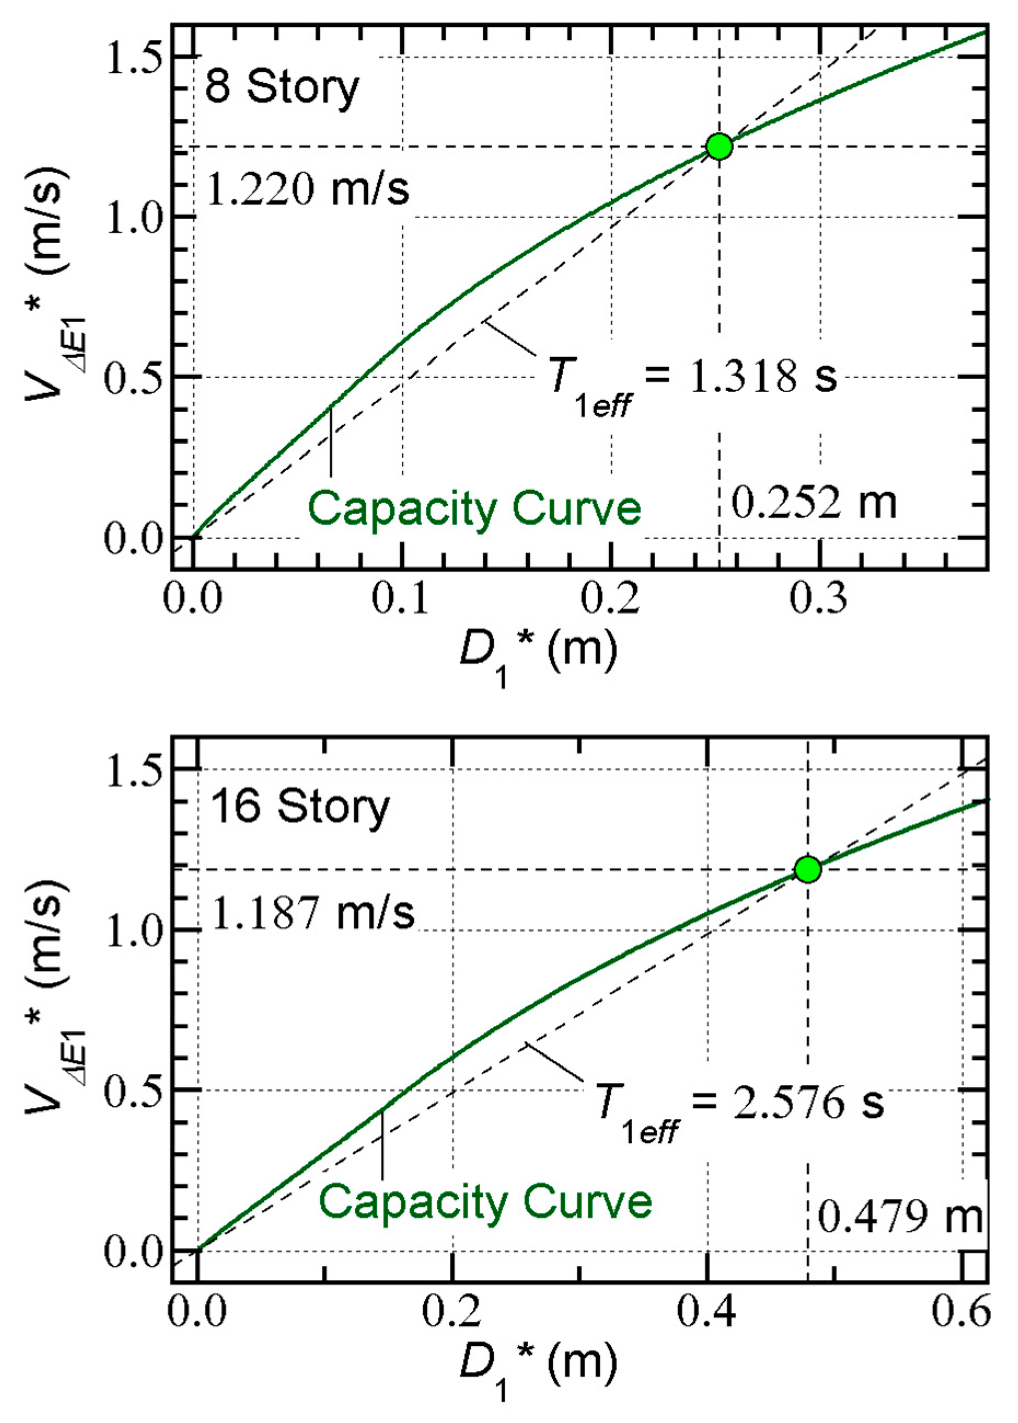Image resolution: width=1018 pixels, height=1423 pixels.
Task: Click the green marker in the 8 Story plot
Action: (719, 146)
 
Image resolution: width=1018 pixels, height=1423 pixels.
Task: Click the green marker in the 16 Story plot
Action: (807, 869)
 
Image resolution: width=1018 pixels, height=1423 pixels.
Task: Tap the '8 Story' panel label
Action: (282, 88)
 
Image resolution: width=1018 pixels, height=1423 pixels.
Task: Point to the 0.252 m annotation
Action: (814, 502)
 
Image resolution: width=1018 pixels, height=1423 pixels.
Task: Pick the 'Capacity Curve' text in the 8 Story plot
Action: (475, 509)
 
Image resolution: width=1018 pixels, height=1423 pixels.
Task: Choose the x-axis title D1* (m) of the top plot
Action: (538, 653)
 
